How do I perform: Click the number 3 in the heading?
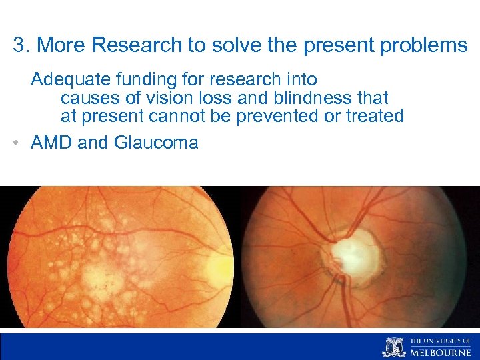click(19, 46)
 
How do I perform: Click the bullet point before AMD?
click(16, 143)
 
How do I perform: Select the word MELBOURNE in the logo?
click(440, 351)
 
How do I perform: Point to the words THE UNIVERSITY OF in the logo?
click(440, 341)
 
